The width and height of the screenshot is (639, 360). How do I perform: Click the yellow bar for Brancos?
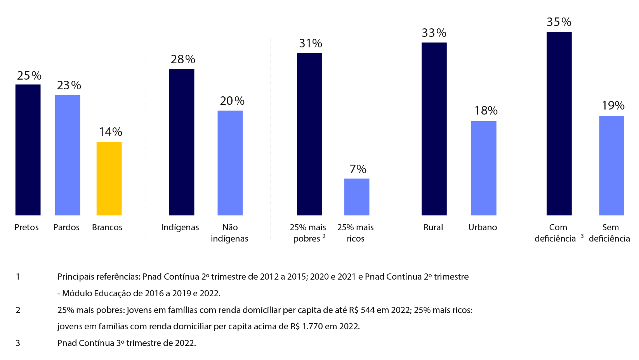109,178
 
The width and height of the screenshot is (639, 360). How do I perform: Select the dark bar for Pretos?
28,150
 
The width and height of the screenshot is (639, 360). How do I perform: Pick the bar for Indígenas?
182,142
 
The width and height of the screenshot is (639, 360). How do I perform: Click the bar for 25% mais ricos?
357,197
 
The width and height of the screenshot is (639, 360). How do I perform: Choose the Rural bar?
434,129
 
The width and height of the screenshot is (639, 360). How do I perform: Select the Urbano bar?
484,168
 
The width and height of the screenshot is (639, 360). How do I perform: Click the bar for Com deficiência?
559,123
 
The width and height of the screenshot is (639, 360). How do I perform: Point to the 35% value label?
559,22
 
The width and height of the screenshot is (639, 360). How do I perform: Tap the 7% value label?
358,169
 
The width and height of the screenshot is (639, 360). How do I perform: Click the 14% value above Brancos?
111,132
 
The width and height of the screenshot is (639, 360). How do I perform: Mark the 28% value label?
183,59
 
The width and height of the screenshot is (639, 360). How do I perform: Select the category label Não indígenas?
229,233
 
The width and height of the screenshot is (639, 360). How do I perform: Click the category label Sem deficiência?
609,233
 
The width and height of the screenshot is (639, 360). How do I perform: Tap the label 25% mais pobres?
308,233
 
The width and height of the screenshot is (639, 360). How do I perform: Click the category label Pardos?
66,227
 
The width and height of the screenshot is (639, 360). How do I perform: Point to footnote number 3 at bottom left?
18,343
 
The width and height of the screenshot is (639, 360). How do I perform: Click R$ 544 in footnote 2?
361,310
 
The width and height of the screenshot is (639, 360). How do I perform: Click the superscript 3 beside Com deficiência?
582,236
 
